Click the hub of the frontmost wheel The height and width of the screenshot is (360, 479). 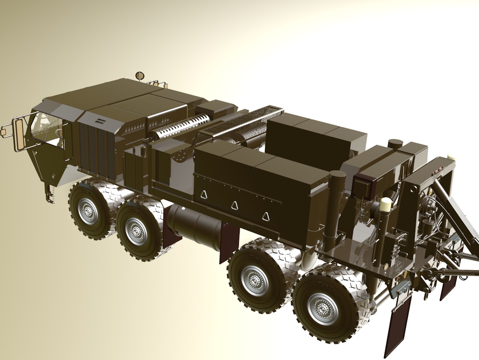click(x=88, y=209)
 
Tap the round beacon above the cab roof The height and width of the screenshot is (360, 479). click(x=139, y=75)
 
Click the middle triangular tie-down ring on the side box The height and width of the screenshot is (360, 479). click(x=235, y=205)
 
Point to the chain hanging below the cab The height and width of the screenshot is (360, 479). click(x=50, y=193)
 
